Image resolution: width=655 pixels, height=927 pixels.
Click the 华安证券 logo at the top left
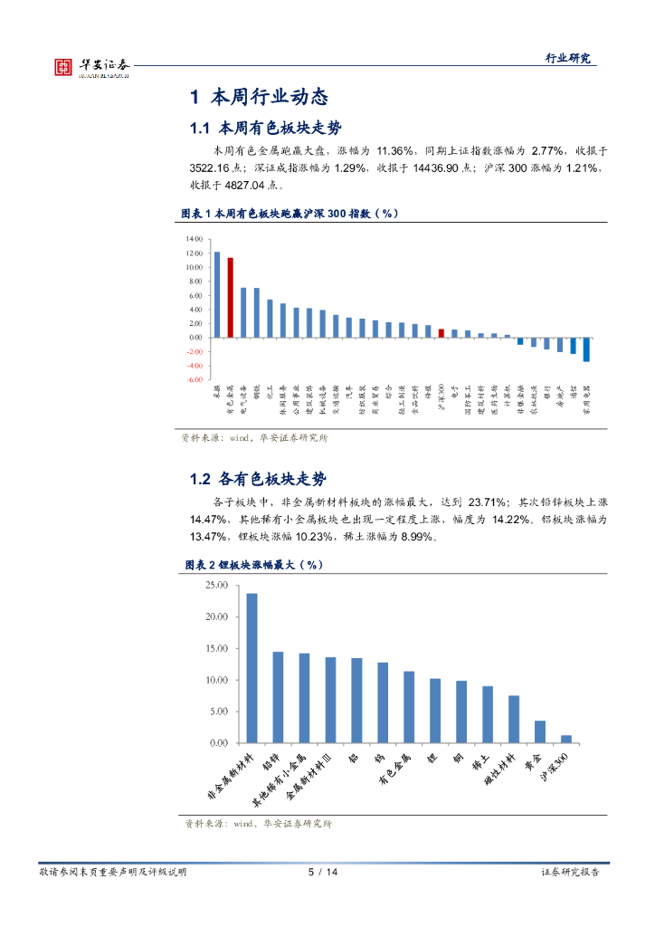pyautogui.click(x=91, y=66)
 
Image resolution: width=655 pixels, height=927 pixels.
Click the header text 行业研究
pyautogui.click(x=567, y=58)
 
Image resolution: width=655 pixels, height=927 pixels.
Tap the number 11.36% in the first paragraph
pyautogui.click(x=394, y=150)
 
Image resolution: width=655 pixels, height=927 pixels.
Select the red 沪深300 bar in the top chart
pyautogui.click(x=441, y=332)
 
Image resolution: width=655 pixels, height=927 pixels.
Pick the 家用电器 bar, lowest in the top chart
pyautogui.click(x=586, y=349)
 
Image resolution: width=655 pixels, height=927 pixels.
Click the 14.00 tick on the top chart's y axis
pyautogui.click(x=194, y=239)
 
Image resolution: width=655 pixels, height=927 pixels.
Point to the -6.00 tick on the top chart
pyautogui.click(x=194, y=379)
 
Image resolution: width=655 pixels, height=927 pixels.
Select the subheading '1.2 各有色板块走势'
pyautogui.click(x=258, y=479)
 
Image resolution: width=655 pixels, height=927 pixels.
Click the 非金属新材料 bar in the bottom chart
pyautogui.click(x=252, y=668)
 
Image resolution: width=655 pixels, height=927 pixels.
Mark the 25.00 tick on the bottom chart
pyautogui.click(x=216, y=586)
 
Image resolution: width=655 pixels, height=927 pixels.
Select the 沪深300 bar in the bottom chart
pyautogui.click(x=566, y=739)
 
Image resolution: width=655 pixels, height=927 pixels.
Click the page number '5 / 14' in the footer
pyautogui.click(x=323, y=872)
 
